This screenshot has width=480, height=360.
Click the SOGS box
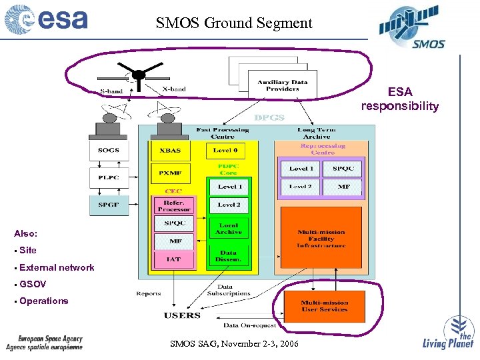tap(108, 150)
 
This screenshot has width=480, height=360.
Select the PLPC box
tap(108, 177)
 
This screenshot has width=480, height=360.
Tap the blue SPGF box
tap(108, 204)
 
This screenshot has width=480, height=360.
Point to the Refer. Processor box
tap(175, 206)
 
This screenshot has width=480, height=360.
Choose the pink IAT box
tap(175, 259)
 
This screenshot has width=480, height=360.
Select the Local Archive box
tap(228, 229)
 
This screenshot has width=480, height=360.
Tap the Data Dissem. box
tap(228, 256)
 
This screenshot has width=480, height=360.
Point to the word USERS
tap(183, 315)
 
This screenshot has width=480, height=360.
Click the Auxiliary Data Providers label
tap(278, 85)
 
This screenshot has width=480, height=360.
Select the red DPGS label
tap(269, 117)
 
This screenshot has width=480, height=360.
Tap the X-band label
tap(174, 89)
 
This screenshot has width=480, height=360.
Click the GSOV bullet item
tap(33, 284)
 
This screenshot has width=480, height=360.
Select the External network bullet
tap(57, 267)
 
